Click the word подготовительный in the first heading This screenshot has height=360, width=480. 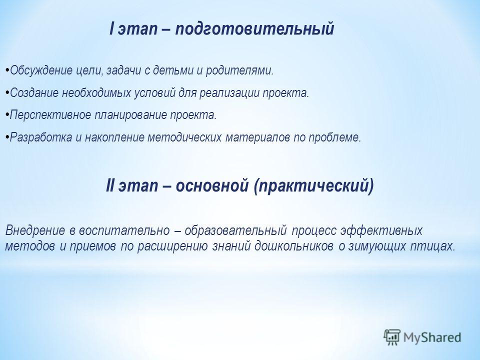(x=254, y=29)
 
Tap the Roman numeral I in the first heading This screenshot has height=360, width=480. (x=111, y=28)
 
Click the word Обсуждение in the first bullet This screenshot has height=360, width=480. (x=41, y=71)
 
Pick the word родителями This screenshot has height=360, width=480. (x=239, y=71)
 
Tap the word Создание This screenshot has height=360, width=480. (x=34, y=93)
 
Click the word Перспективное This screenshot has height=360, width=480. (x=50, y=115)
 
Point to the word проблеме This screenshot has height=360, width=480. (x=334, y=137)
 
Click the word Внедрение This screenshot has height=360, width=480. (x=35, y=230)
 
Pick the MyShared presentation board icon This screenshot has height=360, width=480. (x=392, y=337)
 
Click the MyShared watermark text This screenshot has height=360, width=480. (x=432, y=337)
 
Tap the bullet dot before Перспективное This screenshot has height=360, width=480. (x=7, y=115)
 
